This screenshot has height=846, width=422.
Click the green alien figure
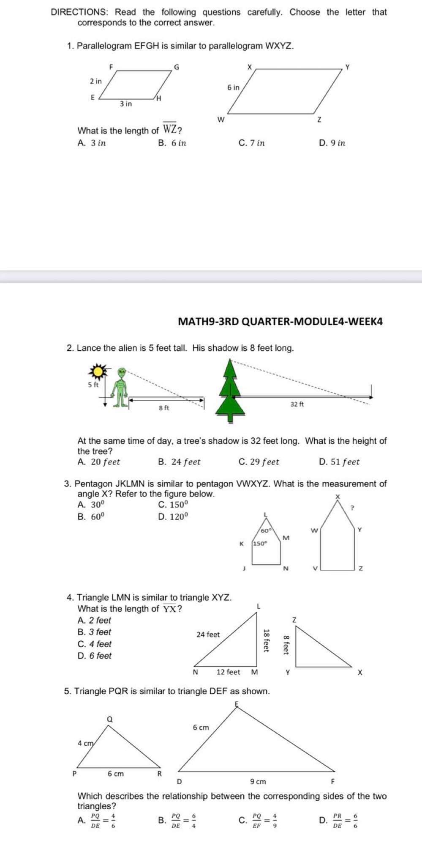[x=121, y=387]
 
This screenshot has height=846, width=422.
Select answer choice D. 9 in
[x=332, y=143]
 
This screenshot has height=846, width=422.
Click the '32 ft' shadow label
[x=297, y=404]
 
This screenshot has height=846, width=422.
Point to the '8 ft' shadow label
[x=164, y=408]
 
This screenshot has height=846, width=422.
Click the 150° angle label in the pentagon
[x=260, y=544]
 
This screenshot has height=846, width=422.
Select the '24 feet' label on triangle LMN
[x=208, y=634]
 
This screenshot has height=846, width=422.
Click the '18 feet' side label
[x=266, y=640]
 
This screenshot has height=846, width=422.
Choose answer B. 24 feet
[x=179, y=462]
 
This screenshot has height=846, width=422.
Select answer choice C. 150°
[x=173, y=505]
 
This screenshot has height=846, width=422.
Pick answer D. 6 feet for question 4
[x=95, y=656]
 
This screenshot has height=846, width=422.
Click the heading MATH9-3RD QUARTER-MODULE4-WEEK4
[x=280, y=321]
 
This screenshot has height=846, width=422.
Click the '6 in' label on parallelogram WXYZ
[x=233, y=88]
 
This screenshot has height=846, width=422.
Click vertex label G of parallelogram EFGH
[x=177, y=66]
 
